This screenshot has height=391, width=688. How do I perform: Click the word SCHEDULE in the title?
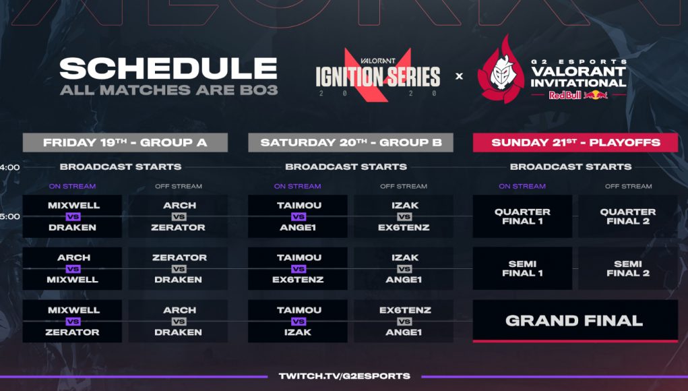point(168,69)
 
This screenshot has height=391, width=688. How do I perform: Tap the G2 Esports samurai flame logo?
point(501,70)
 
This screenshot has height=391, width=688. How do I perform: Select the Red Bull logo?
point(578,95)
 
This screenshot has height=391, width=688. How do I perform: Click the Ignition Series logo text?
point(378,76)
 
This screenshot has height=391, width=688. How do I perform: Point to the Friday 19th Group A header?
point(125,143)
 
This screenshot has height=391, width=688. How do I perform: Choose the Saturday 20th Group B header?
point(350,143)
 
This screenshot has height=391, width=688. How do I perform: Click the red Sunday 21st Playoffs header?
point(575,143)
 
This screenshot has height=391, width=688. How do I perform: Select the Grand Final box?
point(575,321)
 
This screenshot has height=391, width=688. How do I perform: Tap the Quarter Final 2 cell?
point(628,216)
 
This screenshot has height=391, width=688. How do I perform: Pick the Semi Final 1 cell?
point(522,268)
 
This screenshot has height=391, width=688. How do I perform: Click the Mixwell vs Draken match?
point(72,216)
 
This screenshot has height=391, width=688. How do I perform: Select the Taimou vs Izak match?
point(297,321)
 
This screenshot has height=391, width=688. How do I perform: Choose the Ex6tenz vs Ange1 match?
point(404,321)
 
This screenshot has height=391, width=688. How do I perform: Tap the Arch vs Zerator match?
point(178,216)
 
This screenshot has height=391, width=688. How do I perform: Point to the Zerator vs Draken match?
point(178,268)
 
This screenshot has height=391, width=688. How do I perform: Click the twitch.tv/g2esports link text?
point(344,376)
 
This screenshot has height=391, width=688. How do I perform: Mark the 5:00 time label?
point(9,216)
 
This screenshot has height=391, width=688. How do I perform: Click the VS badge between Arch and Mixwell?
point(73,268)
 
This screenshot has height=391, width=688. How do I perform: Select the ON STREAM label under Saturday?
point(297,186)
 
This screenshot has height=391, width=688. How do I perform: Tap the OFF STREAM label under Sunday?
point(628,186)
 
